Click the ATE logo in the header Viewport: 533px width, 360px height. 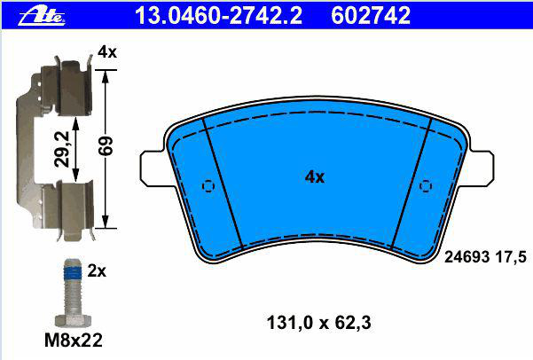(x=42, y=17)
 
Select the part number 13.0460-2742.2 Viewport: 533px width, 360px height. (x=218, y=16)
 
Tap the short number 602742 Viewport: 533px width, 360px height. (x=371, y=16)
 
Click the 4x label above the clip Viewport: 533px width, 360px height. (x=107, y=52)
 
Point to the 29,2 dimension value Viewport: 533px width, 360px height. (x=62, y=149)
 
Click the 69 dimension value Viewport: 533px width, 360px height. (x=106, y=145)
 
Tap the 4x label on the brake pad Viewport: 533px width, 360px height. (x=315, y=177)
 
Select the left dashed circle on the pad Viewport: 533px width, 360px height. (x=208, y=186)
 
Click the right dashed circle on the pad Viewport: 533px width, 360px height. (x=426, y=186)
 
